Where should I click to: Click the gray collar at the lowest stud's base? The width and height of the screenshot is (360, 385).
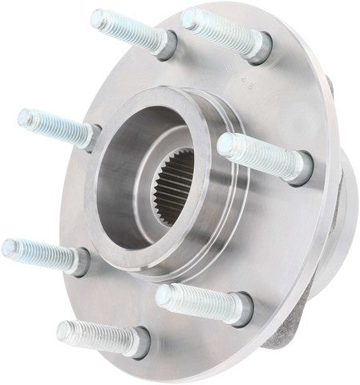pyautogui.click(x=138, y=342)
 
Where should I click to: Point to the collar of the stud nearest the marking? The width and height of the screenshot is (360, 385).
pyautogui.click(x=259, y=47)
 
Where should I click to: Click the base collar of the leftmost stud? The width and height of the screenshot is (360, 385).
pyautogui.click(x=78, y=260)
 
